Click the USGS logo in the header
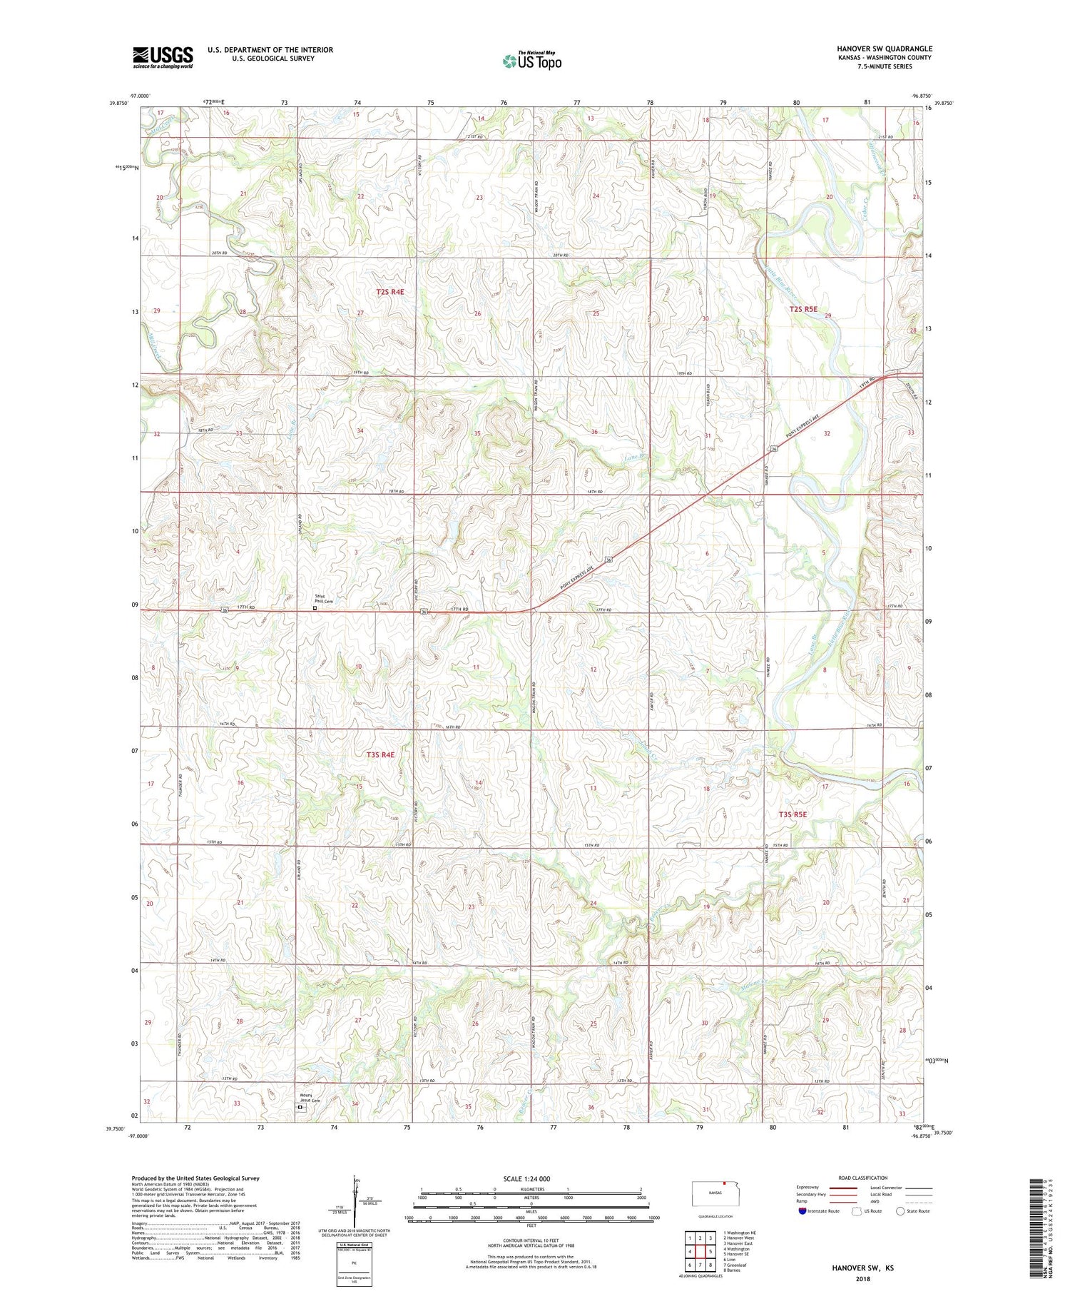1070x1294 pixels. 163,57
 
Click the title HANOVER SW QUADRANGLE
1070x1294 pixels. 884,49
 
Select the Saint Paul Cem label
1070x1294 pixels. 325,599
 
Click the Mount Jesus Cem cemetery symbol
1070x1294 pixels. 300,1108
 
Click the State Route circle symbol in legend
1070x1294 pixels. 900,1211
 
